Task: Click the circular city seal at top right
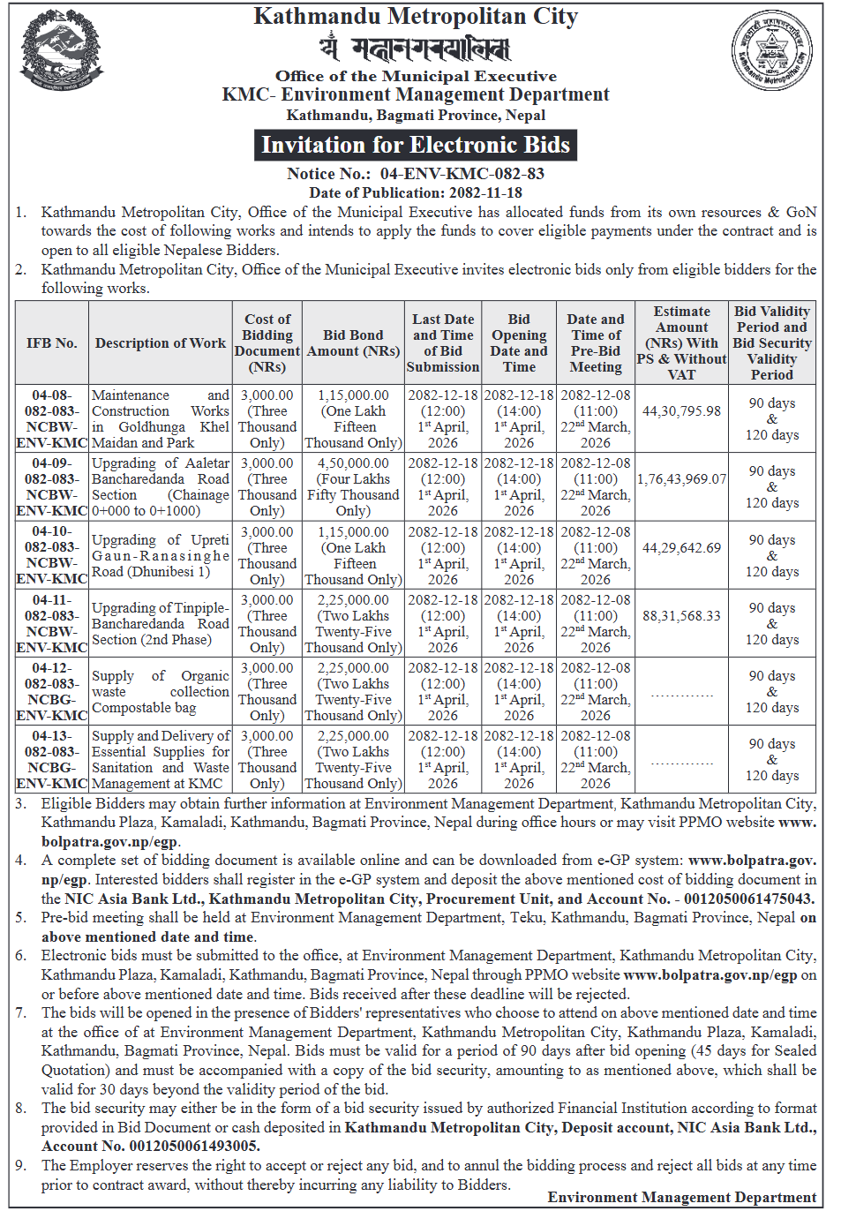point(773,51)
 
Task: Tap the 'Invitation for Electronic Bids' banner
point(416,145)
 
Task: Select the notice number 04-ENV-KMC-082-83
point(462,174)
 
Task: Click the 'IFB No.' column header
point(52,342)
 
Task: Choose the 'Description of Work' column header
point(161,342)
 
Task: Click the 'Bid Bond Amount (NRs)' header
point(353,342)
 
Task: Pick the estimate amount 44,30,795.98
point(681,410)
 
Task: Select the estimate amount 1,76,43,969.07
point(681,478)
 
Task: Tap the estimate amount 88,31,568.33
point(681,615)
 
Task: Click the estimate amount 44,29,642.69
point(681,547)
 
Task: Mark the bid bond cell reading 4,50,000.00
point(353,463)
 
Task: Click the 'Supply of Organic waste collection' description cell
point(161,691)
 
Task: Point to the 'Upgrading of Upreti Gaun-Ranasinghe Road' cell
point(161,555)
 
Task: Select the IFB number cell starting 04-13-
point(52,759)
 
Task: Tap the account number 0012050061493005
point(194,1146)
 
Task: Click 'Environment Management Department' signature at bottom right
point(681,1197)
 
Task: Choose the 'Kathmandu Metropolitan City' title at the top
point(416,17)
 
